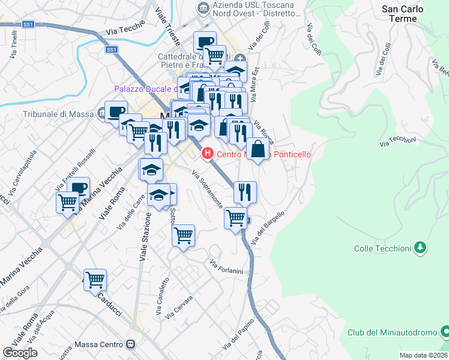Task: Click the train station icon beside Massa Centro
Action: [130, 345]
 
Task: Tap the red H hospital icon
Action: [208, 154]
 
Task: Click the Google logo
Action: [20, 353]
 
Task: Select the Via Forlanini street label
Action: [226, 267]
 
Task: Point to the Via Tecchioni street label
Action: [397, 140]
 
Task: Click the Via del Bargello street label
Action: [266, 228]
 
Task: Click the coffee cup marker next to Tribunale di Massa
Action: [115, 111]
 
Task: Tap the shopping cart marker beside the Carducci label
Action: [95, 280]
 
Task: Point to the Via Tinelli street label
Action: [13, 47]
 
